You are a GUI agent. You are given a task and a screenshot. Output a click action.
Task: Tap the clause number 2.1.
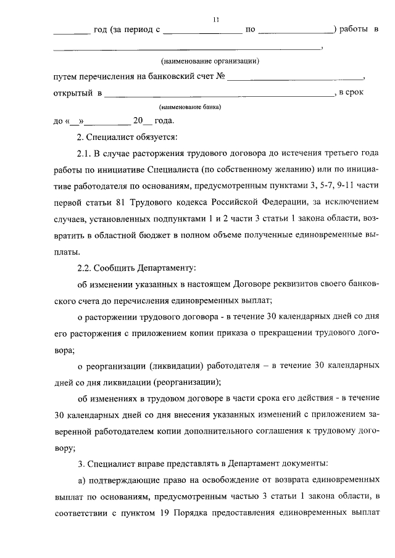[83, 152]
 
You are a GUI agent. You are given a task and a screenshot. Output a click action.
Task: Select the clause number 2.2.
[83, 268]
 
